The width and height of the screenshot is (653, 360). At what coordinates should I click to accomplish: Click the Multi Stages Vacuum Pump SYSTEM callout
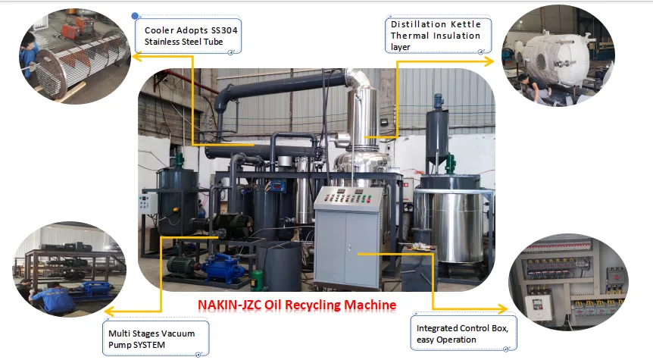(x=155, y=340)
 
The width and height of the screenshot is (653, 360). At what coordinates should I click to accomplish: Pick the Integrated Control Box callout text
(x=466, y=333)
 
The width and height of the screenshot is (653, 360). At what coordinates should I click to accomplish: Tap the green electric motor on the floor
(x=183, y=270)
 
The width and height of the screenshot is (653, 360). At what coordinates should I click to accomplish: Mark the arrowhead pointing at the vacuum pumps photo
(x=108, y=311)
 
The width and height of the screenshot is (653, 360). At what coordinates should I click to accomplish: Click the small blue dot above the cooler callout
(x=136, y=15)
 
